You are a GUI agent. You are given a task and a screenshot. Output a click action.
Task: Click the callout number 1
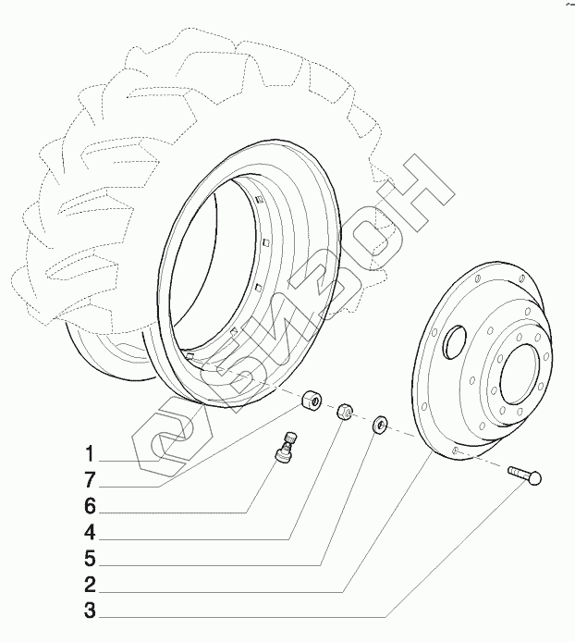pyautogui.click(x=91, y=454)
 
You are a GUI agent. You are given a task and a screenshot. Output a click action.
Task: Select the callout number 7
pyautogui.click(x=91, y=480)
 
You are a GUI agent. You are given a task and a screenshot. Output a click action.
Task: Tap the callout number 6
pyautogui.click(x=91, y=506)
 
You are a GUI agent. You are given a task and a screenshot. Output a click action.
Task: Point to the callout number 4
pyautogui.click(x=91, y=533)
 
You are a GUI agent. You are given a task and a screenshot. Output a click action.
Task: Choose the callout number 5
pyautogui.click(x=91, y=559)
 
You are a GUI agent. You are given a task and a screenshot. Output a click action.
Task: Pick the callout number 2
pyautogui.click(x=91, y=585)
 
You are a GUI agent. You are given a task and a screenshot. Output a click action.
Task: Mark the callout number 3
pyautogui.click(x=91, y=611)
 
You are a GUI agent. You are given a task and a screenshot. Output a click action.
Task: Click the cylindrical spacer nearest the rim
pyautogui.click(x=311, y=401)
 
